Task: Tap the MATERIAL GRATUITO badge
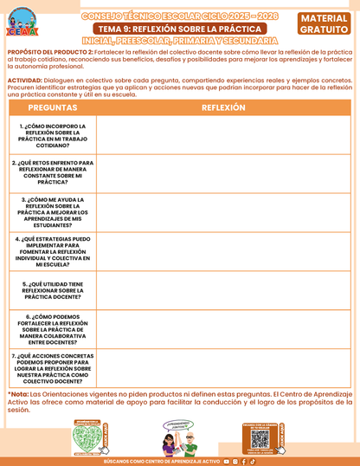325,24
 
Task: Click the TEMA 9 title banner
179,29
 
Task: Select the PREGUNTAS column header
51,107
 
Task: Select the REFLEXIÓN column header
223,107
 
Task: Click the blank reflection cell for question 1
223,135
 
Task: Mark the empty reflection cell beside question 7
223,367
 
